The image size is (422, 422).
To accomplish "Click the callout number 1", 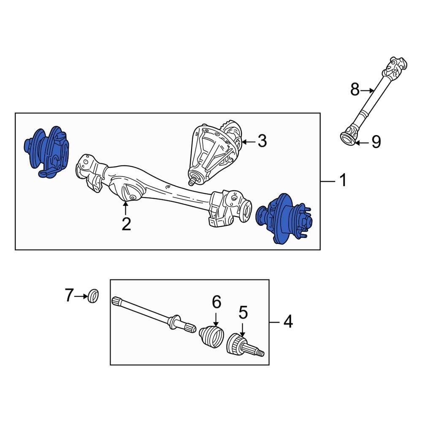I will click(343, 181).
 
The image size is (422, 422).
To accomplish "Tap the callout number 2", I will click(126, 224).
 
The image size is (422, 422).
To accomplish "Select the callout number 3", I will click(262, 141).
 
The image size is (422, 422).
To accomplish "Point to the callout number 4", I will click(287, 322).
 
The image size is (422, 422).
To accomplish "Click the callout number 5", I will click(243, 313).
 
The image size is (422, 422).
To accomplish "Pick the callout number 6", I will click(216, 302).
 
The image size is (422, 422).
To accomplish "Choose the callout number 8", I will click(355, 89).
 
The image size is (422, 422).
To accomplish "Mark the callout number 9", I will click(375, 142).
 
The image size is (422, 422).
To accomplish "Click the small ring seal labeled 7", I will click(94, 295).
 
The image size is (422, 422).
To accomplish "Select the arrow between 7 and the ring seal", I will click(81, 296).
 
